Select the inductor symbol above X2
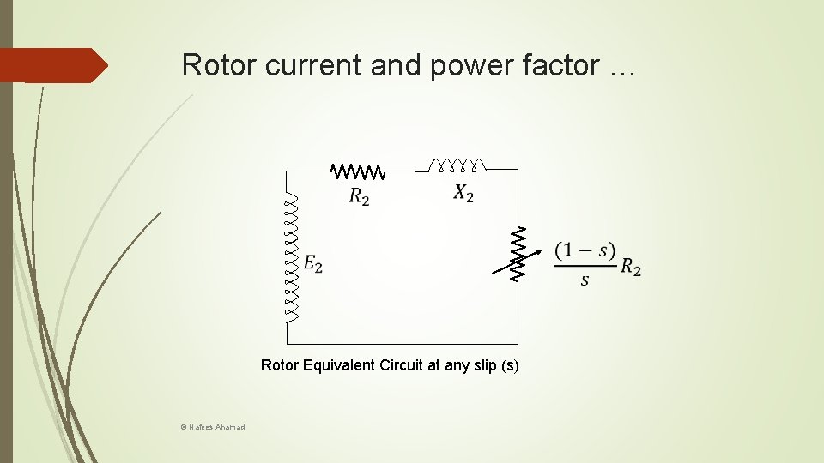457,164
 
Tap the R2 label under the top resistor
360,196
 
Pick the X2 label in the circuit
463,194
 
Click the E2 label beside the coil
313,264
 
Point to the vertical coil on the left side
293,257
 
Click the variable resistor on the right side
518,255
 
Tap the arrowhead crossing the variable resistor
538,250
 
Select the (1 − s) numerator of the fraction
585,251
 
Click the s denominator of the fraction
585,280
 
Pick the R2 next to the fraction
631,268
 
